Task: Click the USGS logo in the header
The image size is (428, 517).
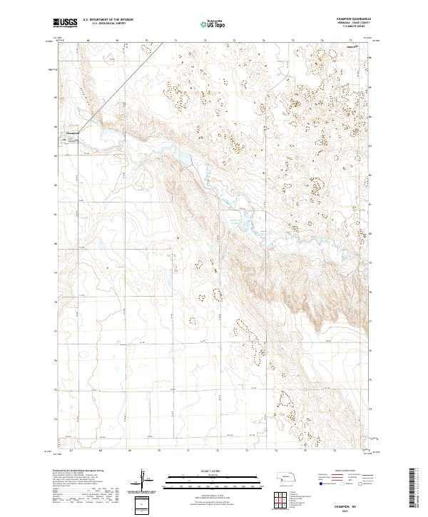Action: pos(66,24)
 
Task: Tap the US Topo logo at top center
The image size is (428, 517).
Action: pos(213,24)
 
